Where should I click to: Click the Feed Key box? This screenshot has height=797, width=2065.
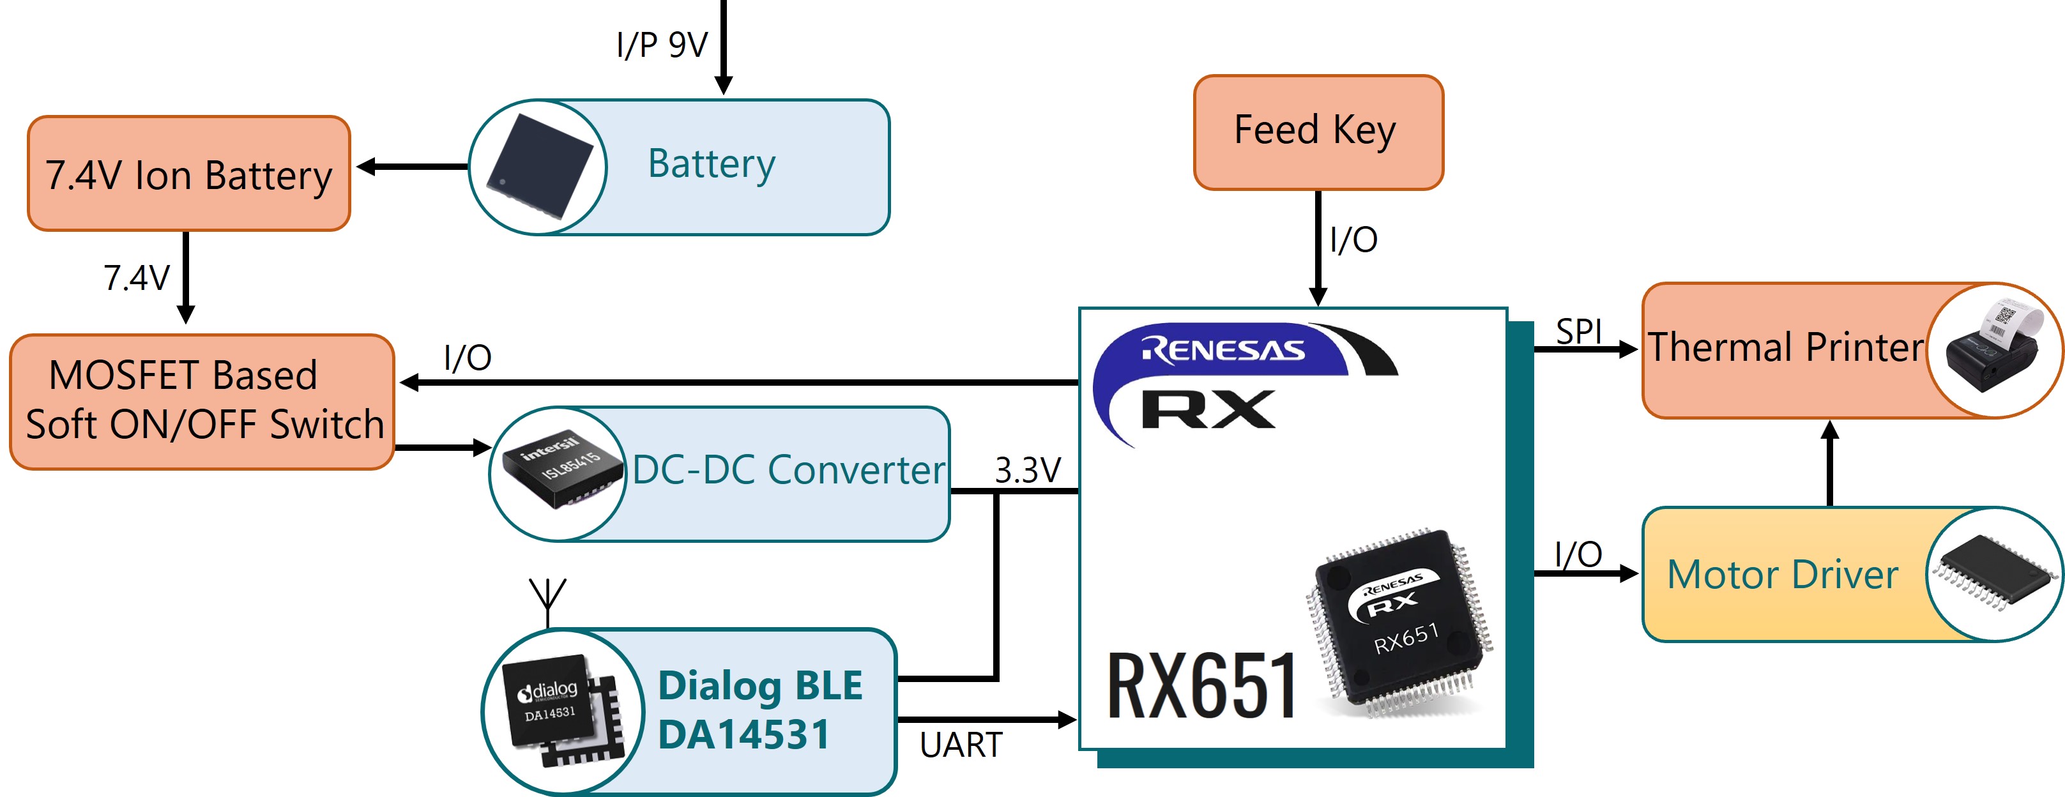click(1318, 132)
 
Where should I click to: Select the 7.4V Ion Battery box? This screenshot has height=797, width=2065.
click(189, 173)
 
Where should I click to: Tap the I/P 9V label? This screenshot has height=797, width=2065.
click(662, 45)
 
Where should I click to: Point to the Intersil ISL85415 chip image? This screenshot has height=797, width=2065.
click(562, 470)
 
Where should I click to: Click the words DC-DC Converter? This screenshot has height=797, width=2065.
click(789, 470)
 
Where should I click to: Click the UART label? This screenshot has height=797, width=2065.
click(961, 745)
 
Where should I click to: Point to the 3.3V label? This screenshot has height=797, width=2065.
click(1028, 470)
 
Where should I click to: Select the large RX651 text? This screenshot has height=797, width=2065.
click(1201, 685)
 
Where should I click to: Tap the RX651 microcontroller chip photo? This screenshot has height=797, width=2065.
click(1399, 622)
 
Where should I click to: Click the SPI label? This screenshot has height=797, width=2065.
click(1578, 331)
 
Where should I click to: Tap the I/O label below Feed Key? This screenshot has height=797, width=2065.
click(1354, 239)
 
